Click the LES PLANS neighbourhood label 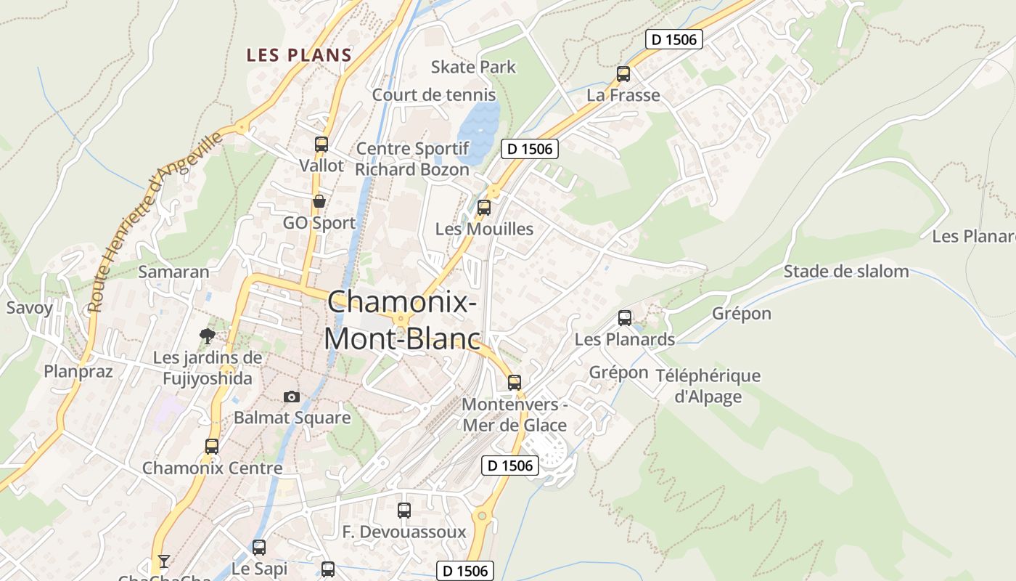click(299, 55)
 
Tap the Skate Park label click(473, 67)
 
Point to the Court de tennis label click(434, 95)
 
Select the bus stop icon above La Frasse click(623, 73)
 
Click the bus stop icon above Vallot click(321, 144)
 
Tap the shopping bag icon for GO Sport click(319, 201)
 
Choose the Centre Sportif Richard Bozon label click(412, 159)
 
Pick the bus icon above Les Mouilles click(484, 208)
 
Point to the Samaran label click(173, 272)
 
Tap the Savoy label click(30, 308)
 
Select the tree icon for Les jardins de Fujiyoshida click(208, 336)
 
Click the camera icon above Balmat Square click(292, 397)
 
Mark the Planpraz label click(78, 372)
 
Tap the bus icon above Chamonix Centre click(212, 446)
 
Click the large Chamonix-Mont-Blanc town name click(402, 320)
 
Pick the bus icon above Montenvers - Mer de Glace click(515, 382)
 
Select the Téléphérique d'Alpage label click(708, 386)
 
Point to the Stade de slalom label click(846, 272)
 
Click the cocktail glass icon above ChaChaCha click(164, 561)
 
